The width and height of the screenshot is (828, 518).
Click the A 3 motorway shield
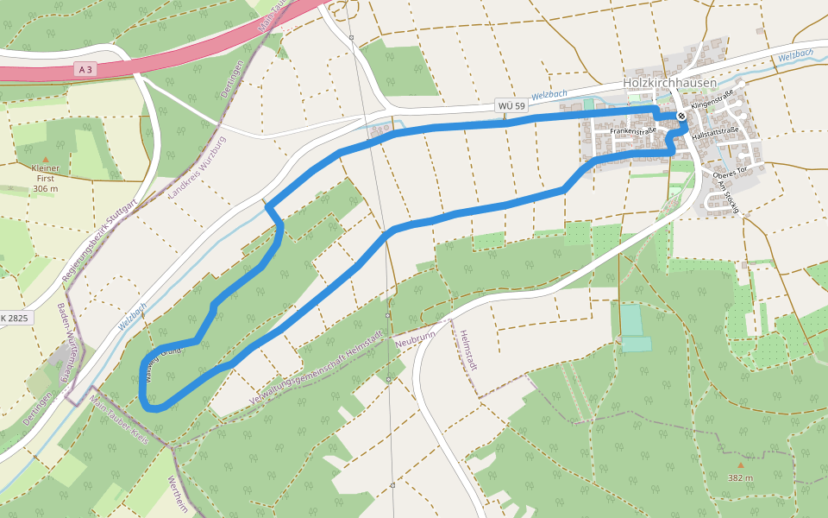pyautogui.click(x=85, y=69)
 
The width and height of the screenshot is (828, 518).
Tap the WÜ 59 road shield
pyautogui.click(x=511, y=105)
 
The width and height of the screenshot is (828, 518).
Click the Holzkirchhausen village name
pyautogui.click(x=669, y=83)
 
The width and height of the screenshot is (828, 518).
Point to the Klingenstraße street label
pyautogui.click(x=712, y=98)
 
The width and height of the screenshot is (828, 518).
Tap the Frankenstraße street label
pyautogui.click(x=633, y=131)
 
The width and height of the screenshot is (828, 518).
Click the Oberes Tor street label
pyautogui.click(x=729, y=171)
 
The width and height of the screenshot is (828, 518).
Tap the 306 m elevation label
pyautogui.click(x=45, y=188)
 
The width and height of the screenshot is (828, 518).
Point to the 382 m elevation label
pyautogui.click(x=740, y=477)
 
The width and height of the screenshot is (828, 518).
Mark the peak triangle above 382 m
pyautogui.click(x=740, y=464)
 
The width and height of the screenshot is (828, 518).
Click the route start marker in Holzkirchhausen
pyautogui.click(x=681, y=115)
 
